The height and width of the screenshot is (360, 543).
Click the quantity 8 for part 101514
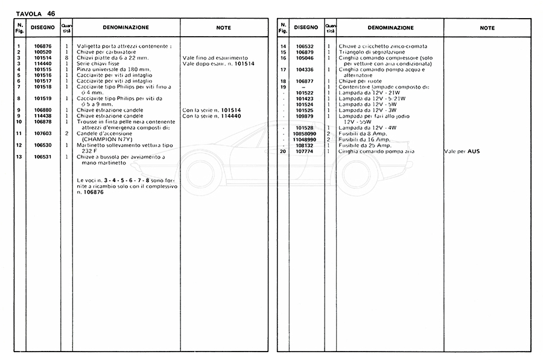[66, 58]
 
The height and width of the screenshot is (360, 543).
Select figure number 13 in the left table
[19, 157]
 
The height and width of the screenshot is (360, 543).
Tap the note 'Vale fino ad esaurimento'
[210, 58]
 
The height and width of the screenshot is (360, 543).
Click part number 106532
[304, 46]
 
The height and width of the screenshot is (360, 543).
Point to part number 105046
[304, 58]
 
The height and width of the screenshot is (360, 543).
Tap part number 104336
[304, 69]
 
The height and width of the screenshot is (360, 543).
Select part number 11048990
[304, 139]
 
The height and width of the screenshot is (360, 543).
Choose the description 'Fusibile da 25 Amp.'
[366, 145]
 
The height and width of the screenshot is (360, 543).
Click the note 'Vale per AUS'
[462, 151]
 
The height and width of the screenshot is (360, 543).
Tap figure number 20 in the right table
[283, 151]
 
